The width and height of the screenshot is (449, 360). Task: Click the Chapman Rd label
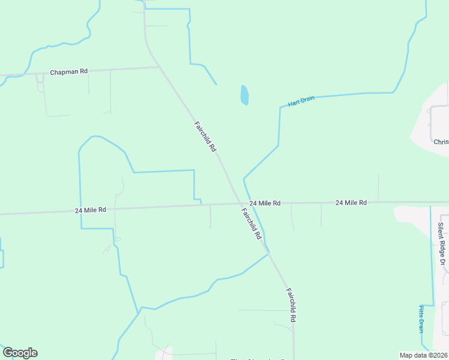click(69, 71)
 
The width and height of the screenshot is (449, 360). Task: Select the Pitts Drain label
click(421, 319)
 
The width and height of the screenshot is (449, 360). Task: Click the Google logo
click(20, 353)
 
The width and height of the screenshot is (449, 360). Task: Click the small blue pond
click(244, 95)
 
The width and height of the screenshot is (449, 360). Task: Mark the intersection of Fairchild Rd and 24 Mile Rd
click(238, 203)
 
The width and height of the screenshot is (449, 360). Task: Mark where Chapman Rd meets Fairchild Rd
click(160, 67)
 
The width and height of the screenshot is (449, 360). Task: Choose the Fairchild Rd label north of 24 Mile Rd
click(205, 137)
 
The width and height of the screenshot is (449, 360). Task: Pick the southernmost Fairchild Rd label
click(291, 305)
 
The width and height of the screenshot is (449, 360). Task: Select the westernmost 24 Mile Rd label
click(91, 210)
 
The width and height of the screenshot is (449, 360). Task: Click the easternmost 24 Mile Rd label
click(351, 203)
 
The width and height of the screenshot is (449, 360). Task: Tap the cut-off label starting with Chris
click(441, 142)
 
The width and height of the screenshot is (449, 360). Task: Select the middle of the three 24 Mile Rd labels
click(265, 203)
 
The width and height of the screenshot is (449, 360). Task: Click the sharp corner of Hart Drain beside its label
click(280, 108)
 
